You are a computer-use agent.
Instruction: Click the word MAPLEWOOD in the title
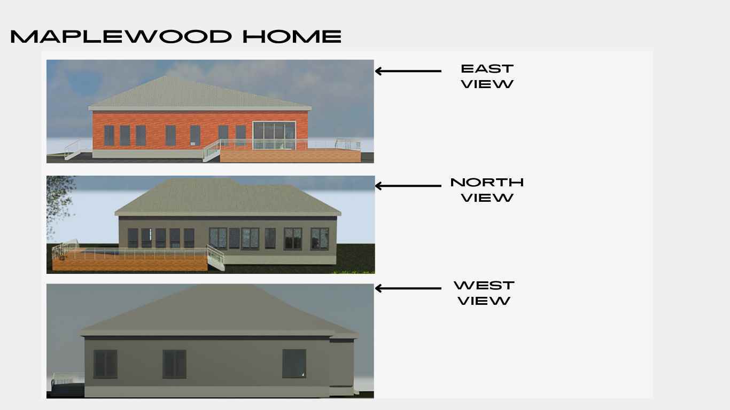point(121,36)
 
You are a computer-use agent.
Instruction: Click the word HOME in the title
point(292,36)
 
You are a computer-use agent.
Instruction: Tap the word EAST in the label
point(487,69)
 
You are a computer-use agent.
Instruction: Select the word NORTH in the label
point(487,183)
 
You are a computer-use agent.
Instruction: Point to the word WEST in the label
point(484,285)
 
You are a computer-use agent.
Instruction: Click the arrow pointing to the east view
point(408,71)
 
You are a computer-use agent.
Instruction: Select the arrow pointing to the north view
point(408,186)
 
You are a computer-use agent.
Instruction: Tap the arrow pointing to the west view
point(408,288)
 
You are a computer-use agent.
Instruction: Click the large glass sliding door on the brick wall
point(274,135)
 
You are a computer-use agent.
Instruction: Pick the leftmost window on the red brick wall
point(109,136)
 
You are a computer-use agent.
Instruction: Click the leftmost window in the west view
point(105,364)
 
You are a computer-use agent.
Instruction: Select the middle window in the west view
point(174,364)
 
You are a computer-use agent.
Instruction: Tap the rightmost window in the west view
point(294,364)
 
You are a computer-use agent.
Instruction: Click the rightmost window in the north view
point(320,239)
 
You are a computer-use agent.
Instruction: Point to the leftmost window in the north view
point(133,238)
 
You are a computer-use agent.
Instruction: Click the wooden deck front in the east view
point(290,156)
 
